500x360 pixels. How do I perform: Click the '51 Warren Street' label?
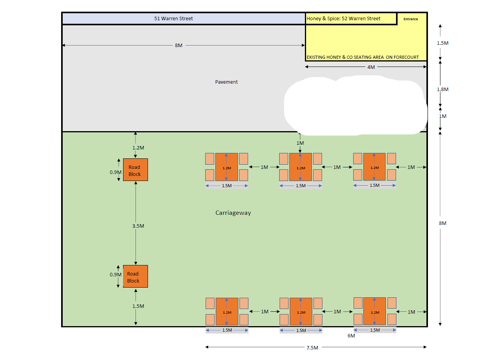pos(173,19)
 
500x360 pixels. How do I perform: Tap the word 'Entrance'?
pos(410,19)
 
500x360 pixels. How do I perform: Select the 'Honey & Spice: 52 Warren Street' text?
pos(343,19)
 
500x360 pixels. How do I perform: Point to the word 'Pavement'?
pos(226,82)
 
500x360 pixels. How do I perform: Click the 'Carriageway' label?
pos(233,213)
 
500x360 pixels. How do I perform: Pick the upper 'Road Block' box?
pos(135,170)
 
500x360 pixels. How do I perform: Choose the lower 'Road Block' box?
pos(135,276)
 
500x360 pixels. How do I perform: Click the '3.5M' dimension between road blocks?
pos(138,226)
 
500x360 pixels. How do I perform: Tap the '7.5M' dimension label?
pos(312,348)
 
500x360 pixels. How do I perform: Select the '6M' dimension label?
pos(351,336)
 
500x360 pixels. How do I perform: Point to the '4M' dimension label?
pos(371,67)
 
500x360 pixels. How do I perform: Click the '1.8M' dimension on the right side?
pos(442,90)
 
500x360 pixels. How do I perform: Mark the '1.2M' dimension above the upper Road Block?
pos(138,148)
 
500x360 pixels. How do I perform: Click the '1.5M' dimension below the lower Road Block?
pos(138,306)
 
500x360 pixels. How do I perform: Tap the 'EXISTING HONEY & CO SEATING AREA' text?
pos(345,57)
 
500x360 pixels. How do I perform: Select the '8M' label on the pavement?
pos(179,46)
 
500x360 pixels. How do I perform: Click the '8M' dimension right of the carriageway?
pos(442,223)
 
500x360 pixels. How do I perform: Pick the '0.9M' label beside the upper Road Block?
pos(115,172)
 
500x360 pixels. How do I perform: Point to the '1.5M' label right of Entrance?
pos(442,43)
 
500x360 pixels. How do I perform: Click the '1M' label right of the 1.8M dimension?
pos(442,116)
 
